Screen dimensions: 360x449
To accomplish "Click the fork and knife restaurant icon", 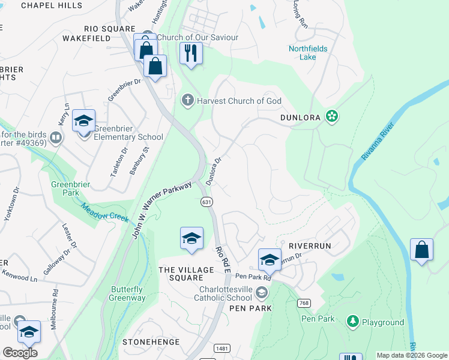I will pyautogui.click(x=191, y=53).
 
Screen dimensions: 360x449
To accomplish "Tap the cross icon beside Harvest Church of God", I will pyautogui.click(x=188, y=100).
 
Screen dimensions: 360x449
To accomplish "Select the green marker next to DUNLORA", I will pyautogui.click(x=331, y=116).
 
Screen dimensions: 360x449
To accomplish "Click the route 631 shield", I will pyautogui.click(x=206, y=202).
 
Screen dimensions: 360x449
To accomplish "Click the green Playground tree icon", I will pyautogui.click(x=353, y=322).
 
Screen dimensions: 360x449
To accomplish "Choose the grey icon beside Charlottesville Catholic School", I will pyautogui.click(x=261, y=292).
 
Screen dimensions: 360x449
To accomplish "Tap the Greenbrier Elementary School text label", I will pyautogui.click(x=129, y=137).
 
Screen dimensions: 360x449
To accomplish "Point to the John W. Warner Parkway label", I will pyautogui.click(x=161, y=211).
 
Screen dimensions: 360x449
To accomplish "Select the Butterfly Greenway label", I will pyautogui.click(x=127, y=294).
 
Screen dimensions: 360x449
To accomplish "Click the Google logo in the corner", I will pyautogui.click(x=20, y=352).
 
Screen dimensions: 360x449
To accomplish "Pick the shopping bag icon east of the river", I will pyautogui.click(x=421, y=250).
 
